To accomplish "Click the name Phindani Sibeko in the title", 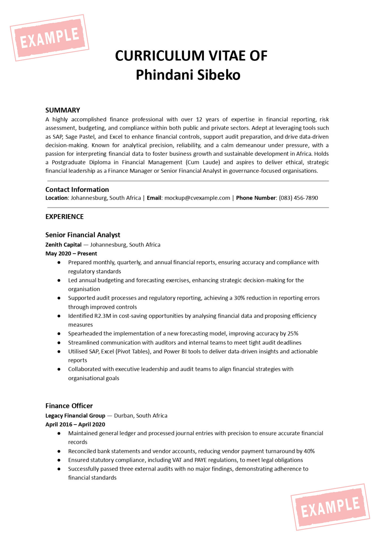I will point(188,75).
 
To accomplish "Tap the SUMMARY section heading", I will point(63,110).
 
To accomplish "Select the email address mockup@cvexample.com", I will point(197,198).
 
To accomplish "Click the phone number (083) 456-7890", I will point(298,198).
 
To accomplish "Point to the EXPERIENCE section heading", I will point(65,217).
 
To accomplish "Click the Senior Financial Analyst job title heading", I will point(83,235).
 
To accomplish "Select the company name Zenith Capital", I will point(63,245).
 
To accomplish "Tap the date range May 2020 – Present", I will point(71,254).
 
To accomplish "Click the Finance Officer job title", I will point(69,406).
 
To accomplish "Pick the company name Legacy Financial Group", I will point(75,416).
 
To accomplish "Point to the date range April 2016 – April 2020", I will point(75,425).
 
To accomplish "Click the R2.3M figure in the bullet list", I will point(103,316).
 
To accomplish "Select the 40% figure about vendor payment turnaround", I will point(309,451).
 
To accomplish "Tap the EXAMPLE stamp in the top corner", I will point(50,38).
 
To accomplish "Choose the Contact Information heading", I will point(77,190).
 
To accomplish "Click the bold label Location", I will point(57,198).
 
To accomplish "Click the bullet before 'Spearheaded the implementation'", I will point(59,334).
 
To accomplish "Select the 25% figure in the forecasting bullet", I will point(293,334).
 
